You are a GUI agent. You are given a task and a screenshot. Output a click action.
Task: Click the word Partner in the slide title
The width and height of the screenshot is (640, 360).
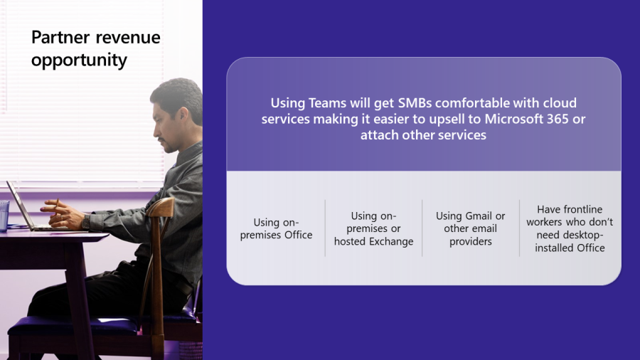pos(58,37)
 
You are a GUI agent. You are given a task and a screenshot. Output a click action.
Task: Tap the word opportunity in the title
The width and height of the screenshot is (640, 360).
pos(79,60)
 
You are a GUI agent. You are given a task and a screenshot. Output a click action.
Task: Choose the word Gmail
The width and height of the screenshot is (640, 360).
pos(479,216)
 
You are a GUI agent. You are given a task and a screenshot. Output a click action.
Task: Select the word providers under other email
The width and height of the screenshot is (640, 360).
pos(471,241)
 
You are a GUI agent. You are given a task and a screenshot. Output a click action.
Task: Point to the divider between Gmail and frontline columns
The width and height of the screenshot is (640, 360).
pos(519,228)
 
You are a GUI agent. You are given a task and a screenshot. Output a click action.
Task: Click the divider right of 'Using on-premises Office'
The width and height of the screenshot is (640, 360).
pos(325,228)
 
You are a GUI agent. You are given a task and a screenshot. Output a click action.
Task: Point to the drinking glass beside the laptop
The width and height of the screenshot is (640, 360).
pos(4,214)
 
